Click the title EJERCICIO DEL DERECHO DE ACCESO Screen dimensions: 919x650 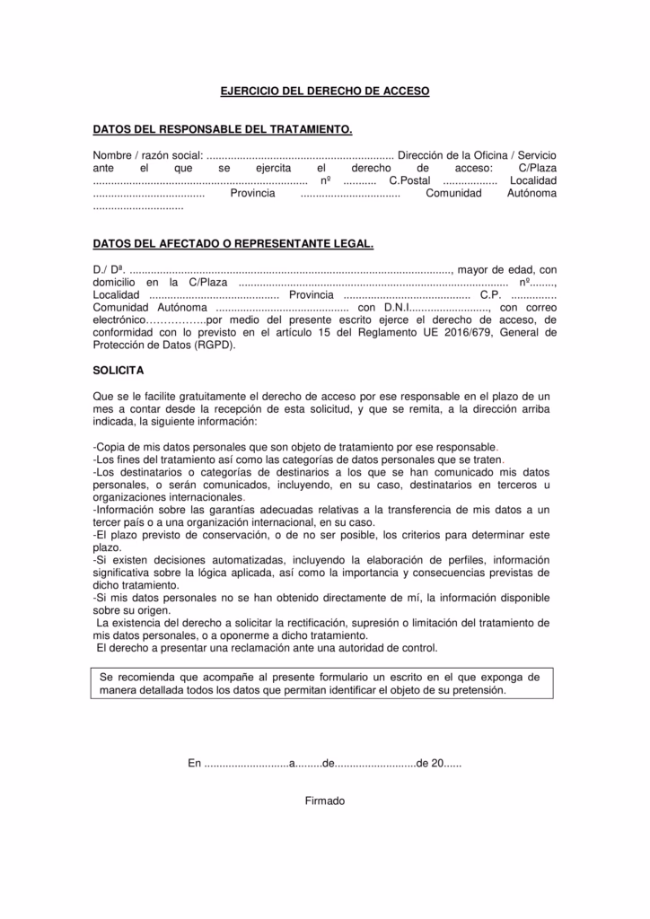325,92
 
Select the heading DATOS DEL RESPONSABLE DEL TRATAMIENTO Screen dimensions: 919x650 223,130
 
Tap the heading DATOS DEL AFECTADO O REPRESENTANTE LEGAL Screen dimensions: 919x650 233,243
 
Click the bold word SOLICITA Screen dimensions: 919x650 118,370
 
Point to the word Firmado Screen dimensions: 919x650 325,801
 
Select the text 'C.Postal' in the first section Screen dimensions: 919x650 409,180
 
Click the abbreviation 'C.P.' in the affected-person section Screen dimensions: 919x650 492,294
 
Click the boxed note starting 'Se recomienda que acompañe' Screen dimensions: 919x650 321,684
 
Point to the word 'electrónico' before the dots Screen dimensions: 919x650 119,319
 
